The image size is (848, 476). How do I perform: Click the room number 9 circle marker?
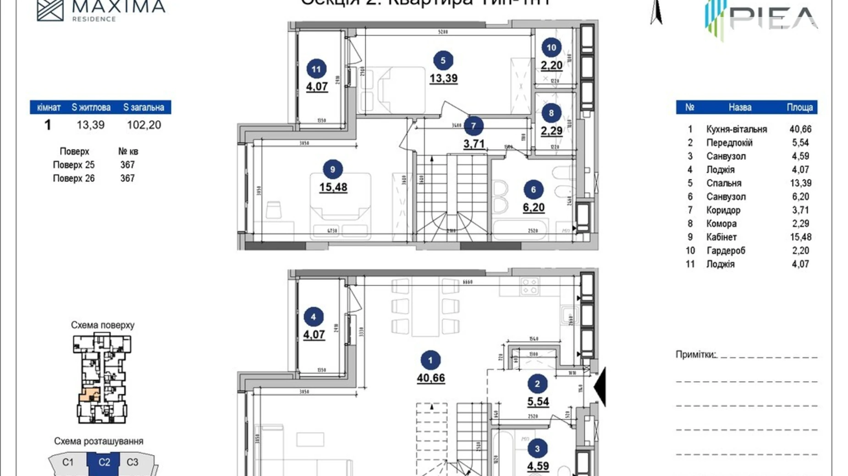[332, 169]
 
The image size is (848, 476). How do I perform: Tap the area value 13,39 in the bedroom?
[443, 78]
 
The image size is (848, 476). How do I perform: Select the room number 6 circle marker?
[533, 189]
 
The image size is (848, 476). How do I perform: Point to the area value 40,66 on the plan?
[430, 378]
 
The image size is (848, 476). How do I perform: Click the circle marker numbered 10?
[551, 48]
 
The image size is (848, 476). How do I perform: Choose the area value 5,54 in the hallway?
[538, 401]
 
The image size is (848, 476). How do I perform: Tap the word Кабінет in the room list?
[721, 237]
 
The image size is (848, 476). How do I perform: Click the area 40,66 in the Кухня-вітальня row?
[800, 130]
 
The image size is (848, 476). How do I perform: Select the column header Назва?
[740, 108]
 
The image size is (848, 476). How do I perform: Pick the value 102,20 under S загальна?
[144, 125]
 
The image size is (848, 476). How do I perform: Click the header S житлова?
[91, 108]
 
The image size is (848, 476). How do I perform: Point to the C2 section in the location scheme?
[104, 462]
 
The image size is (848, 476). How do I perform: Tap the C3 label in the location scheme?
[132, 462]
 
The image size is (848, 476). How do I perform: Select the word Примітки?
[695, 354]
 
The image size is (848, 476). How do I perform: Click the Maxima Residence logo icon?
[50, 10]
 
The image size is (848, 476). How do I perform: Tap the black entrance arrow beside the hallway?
[600, 387]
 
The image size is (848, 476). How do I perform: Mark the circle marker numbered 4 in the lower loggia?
[313, 317]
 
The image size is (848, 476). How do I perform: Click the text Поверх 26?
[74, 178]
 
